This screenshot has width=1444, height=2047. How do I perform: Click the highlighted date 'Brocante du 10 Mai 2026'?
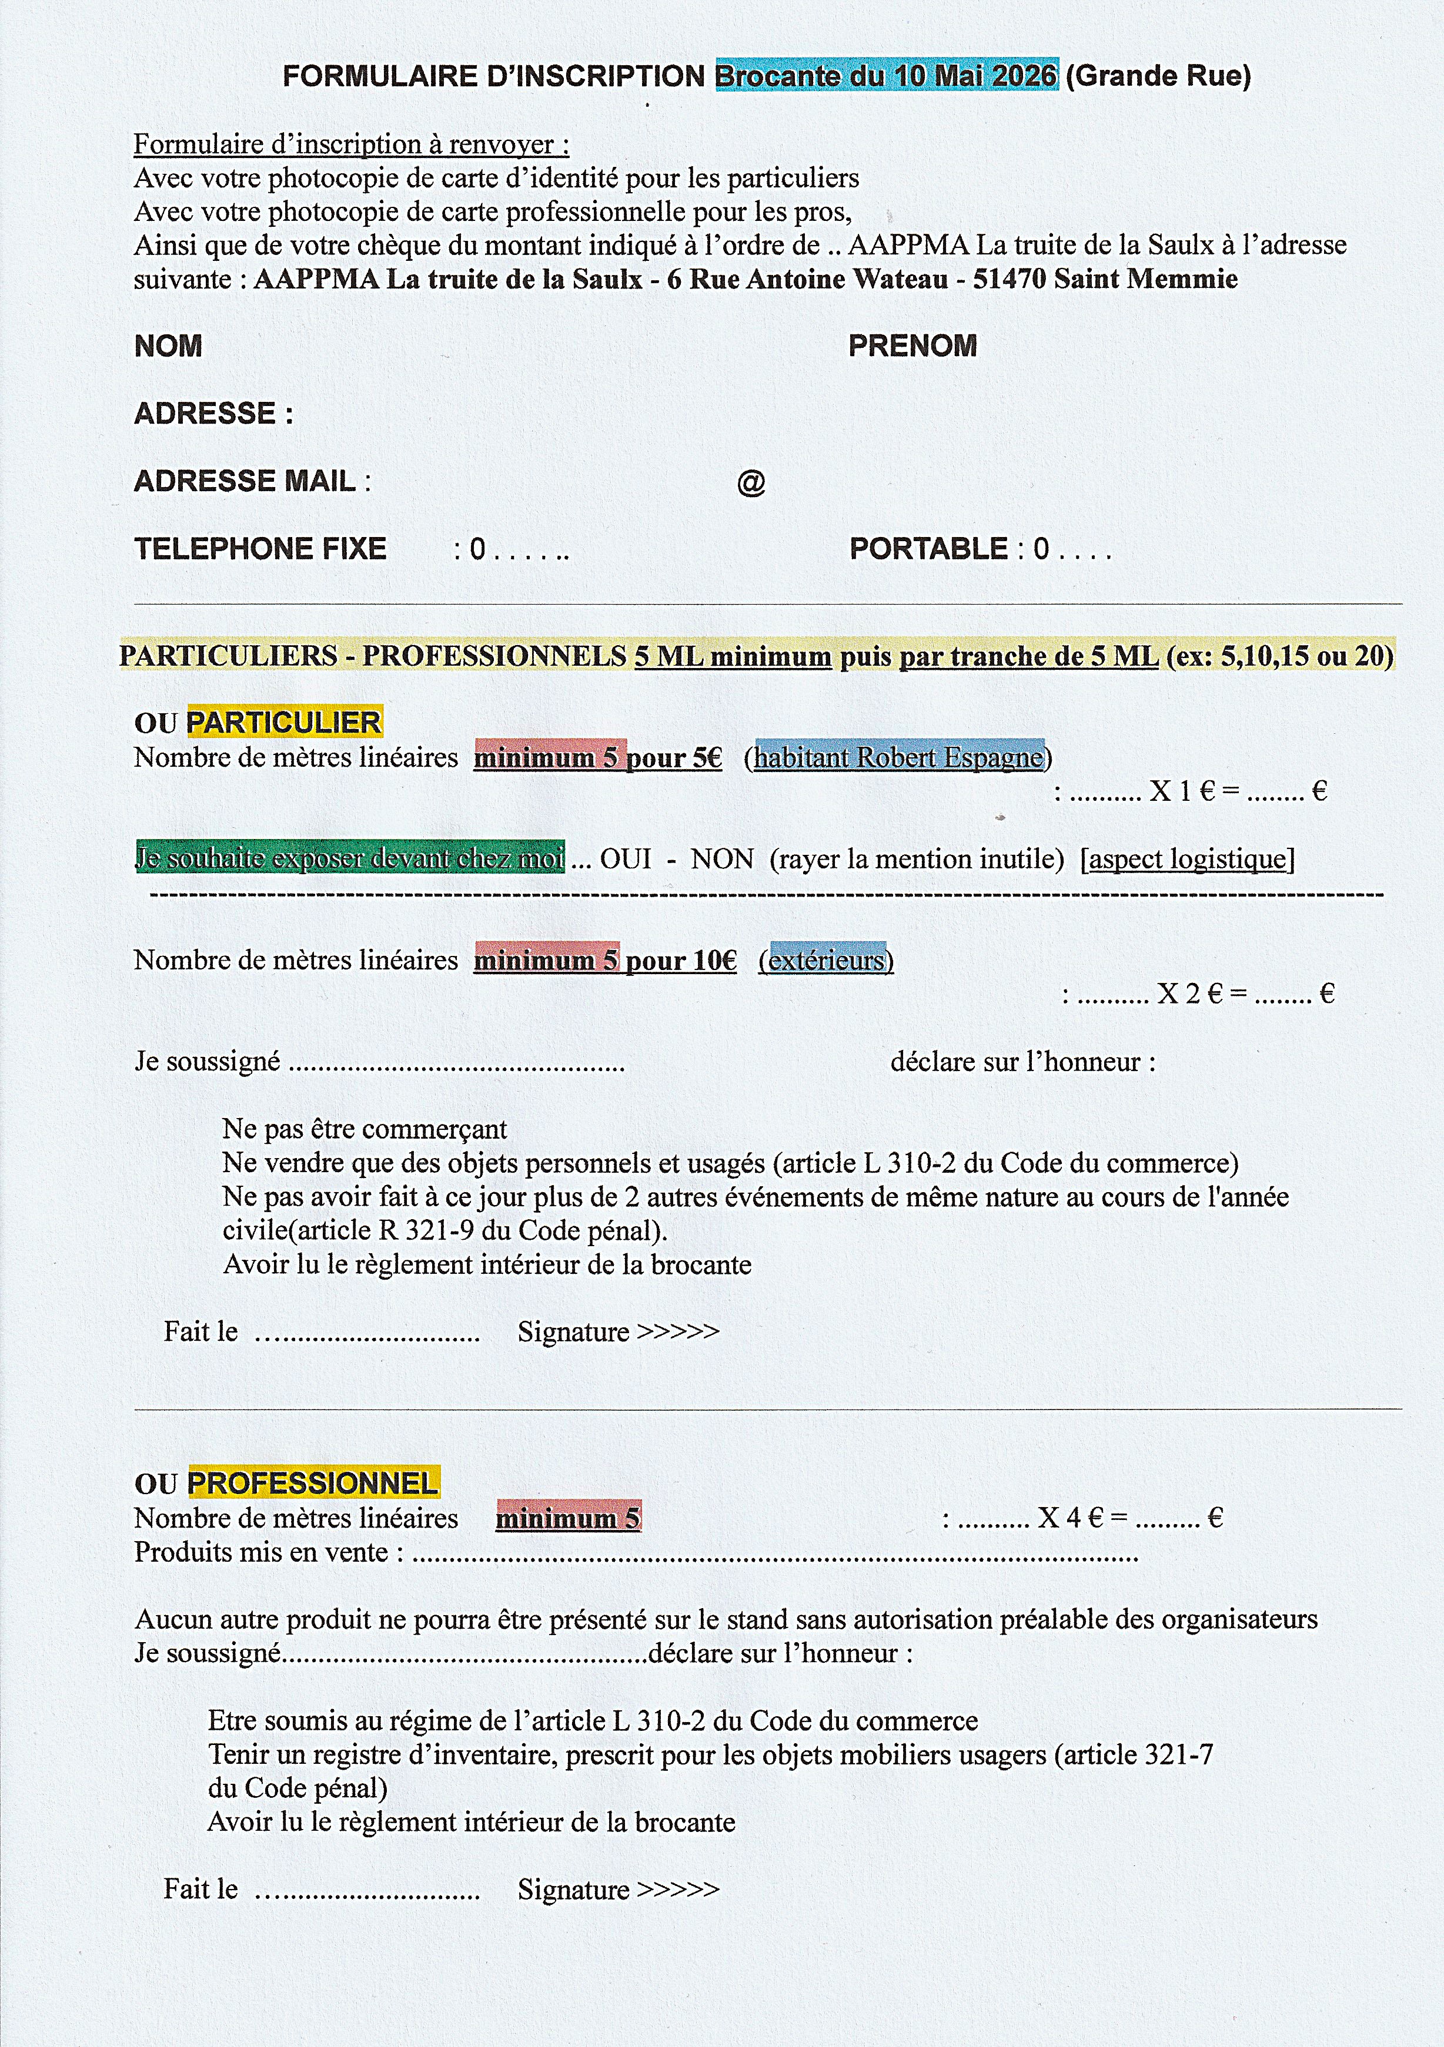point(887,76)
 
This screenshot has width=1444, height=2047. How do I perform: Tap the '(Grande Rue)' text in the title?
point(1158,76)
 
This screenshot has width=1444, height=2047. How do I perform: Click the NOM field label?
point(168,346)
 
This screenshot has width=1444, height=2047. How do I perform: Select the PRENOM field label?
point(912,346)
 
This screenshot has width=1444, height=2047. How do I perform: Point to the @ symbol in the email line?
point(751,482)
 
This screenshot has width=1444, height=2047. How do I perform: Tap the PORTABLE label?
point(928,548)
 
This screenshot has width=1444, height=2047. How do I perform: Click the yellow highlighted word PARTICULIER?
point(283,722)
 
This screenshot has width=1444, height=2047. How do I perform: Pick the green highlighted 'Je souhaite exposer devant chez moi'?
point(350,858)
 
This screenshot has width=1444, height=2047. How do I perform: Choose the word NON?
point(723,858)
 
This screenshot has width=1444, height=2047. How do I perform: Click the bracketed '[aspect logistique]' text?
point(1187,858)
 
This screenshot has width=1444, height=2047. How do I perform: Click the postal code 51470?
point(1010,279)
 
